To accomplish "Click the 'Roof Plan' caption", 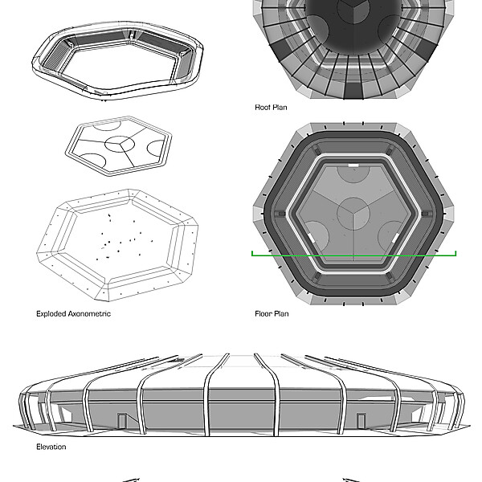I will pyautogui.click(x=271, y=105).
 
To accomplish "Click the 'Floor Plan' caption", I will pyautogui.click(x=272, y=313).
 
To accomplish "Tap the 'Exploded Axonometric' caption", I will pyautogui.click(x=74, y=313).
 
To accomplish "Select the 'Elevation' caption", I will pyautogui.click(x=51, y=447).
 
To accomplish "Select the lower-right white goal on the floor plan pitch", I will pyautogui.click(x=396, y=235).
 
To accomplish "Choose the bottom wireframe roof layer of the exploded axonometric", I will pyautogui.click(x=120, y=241).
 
